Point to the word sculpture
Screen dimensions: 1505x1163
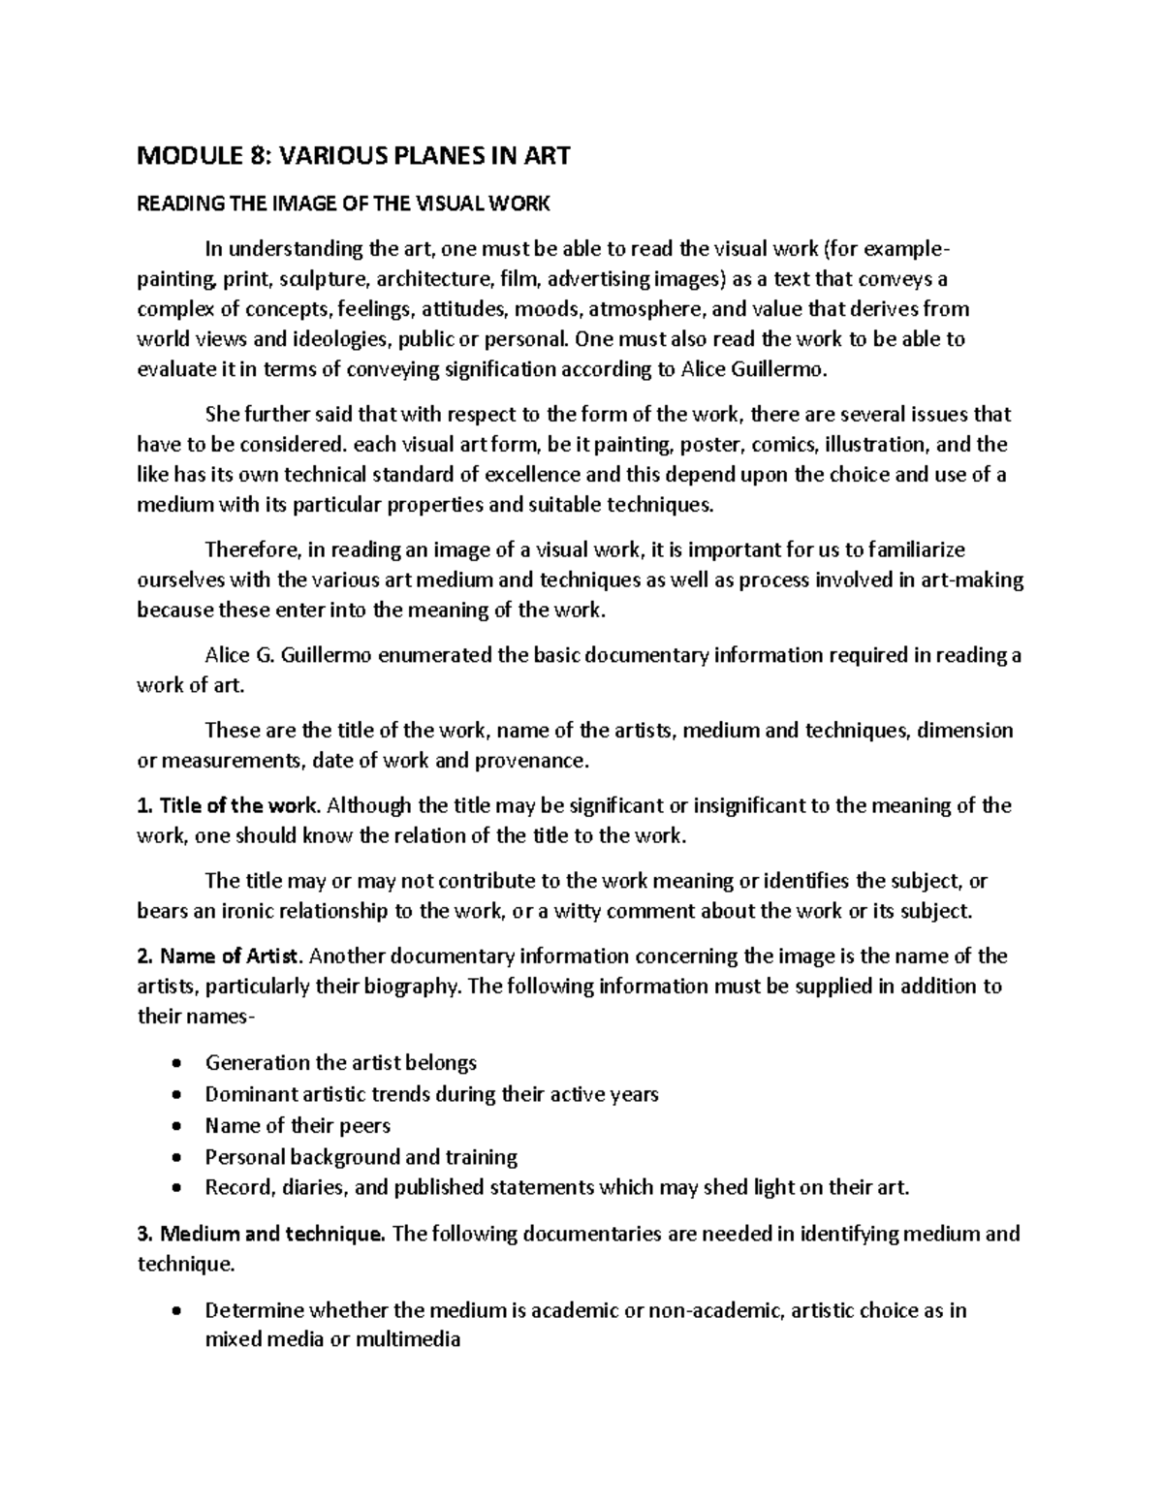coord(326,280)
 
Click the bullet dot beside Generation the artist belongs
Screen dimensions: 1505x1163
coord(175,1064)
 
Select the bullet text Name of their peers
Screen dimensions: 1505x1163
coord(298,1126)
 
